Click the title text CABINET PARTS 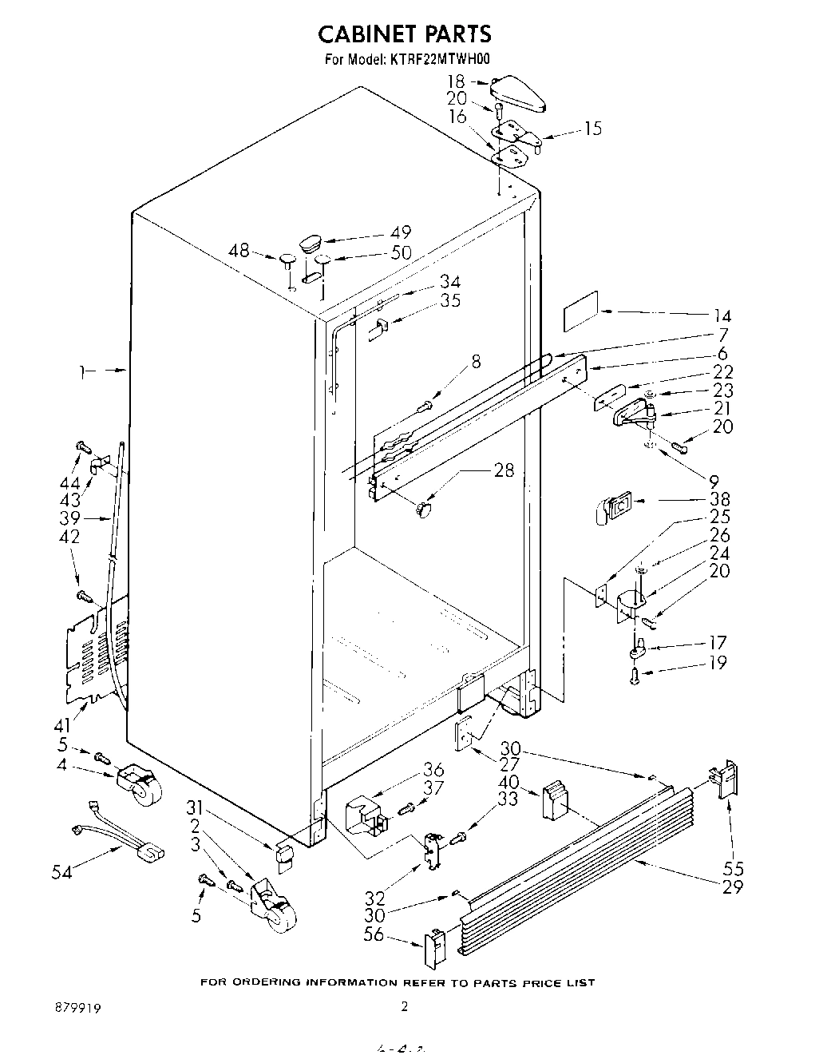[x=405, y=34]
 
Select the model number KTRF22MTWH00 [x=440, y=58]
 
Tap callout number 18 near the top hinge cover [x=455, y=81]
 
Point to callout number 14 [x=722, y=315]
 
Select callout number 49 [x=401, y=232]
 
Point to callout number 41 [x=62, y=725]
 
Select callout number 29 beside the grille [x=732, y=887]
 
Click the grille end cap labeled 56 [x=433, y=948]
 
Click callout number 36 [x=433, y=770]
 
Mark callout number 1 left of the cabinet [x=83, y=370]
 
